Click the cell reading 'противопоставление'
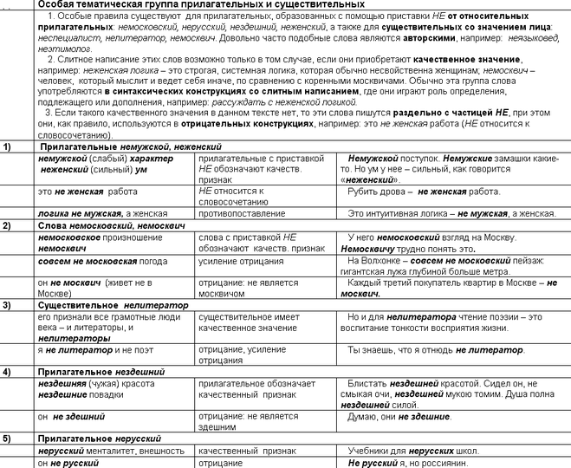pyautogui.click(x=242, y=212)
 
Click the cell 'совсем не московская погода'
pyautogui.click(x=100, y=260)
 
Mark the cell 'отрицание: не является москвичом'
pyautogui.click(x=251, y=287)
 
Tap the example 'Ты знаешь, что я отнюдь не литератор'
pyautogui.click(x=437, y=350)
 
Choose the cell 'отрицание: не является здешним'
pyautogui.click(x=250, y=420)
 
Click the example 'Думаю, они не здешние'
pyautogui.click(x=399, y=416)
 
